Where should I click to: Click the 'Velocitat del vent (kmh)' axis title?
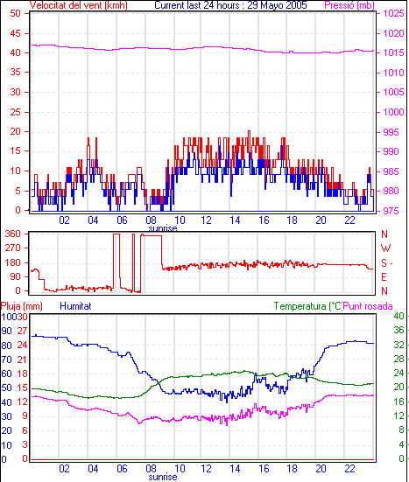pos(79,5)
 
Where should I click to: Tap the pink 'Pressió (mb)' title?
pos(349,5)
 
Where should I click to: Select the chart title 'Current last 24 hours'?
pos(197,5)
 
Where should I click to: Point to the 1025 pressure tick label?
pos(393,13)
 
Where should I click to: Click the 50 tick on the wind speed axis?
pos(15,13)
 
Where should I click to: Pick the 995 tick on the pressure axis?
pos(391,132)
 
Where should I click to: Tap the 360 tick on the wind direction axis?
pos(13,234)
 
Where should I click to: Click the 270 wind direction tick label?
pos(13,248)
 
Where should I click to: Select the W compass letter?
pos(385,248)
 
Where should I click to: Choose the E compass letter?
pos(384,277)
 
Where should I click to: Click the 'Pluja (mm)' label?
pos(22,306)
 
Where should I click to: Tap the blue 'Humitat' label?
pos(75,306)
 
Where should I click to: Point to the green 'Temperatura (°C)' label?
pos(307,306)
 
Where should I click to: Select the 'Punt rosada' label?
pos(368,306)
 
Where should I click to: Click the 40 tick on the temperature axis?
pos(398,316)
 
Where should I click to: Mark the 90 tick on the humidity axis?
pos(6,331)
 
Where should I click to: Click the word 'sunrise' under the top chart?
pos(163,228)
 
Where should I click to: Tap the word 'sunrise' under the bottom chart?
pos(163,477)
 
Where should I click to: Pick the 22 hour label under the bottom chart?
pos(349,469)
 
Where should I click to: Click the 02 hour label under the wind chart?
pos(64,220)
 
